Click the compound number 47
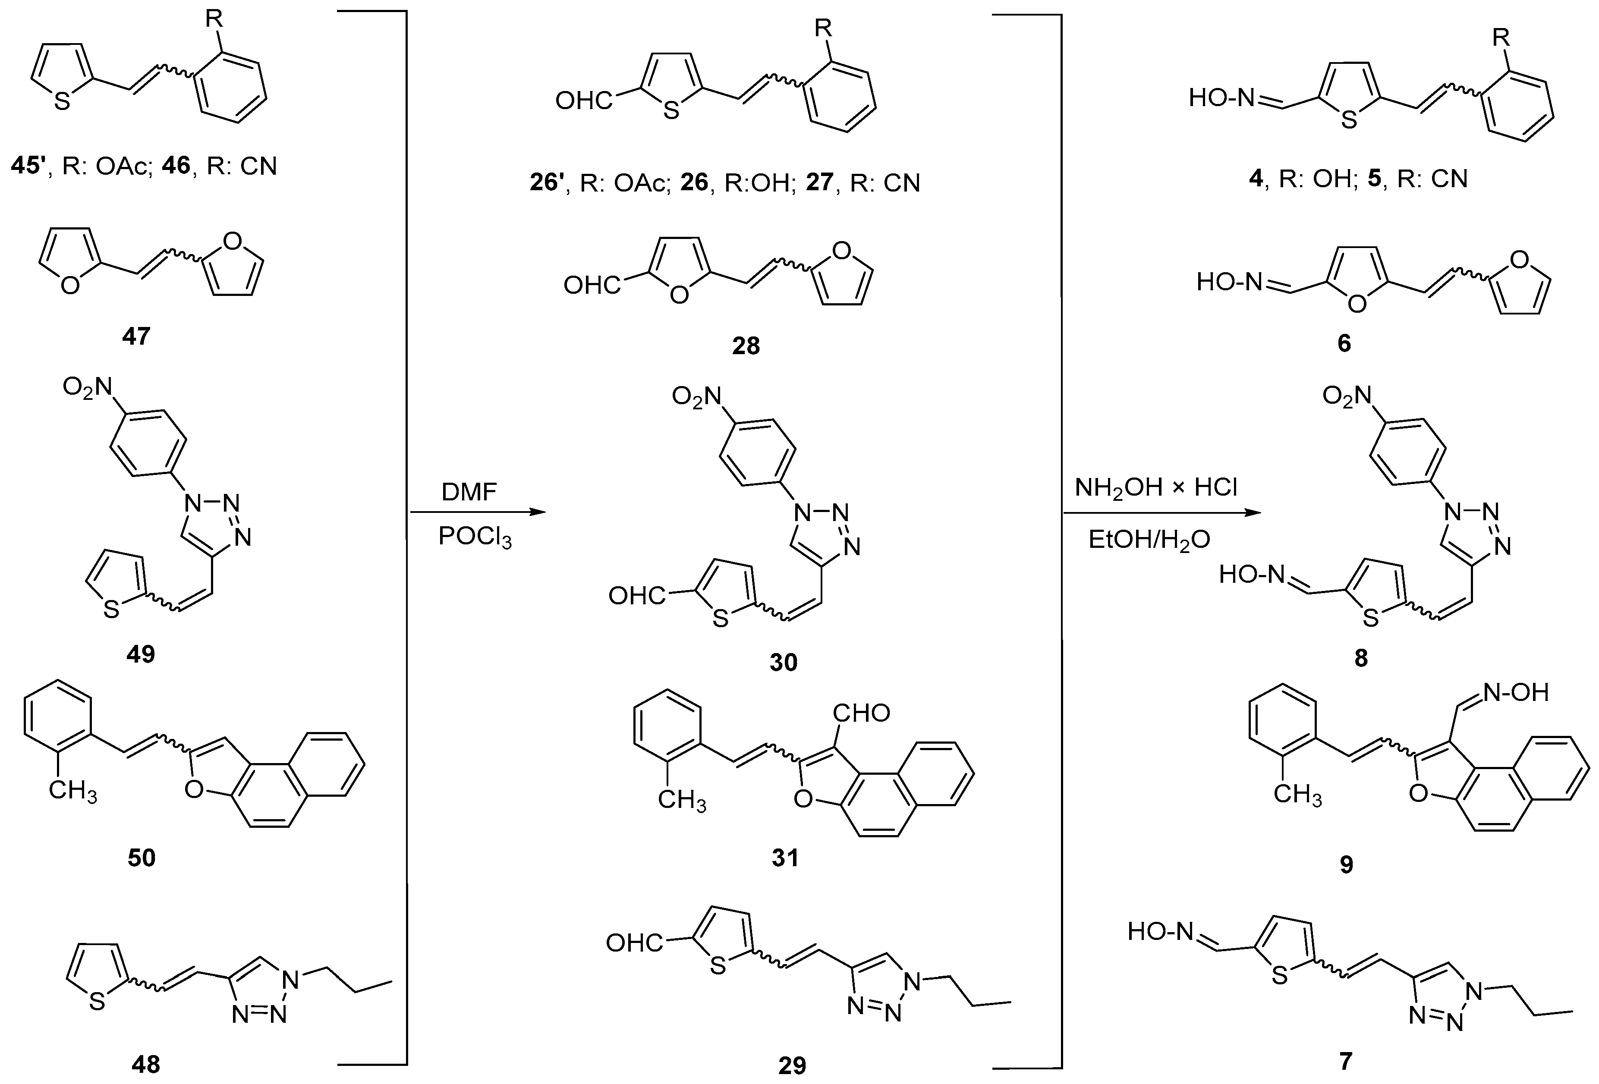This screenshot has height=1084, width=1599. (136, 336)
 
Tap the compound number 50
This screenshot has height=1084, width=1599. (142, 858)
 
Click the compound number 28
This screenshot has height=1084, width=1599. (746, 345)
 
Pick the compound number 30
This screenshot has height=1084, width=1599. (784, 663)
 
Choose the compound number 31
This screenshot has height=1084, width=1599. (785, 858)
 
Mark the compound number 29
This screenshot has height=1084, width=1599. (792, 1065)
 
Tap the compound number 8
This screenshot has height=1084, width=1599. (1361, 658)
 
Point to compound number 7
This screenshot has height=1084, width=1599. (1346, 1061)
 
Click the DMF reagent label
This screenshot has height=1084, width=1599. (469, 492)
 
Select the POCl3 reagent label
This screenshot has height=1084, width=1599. (475, 537)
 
